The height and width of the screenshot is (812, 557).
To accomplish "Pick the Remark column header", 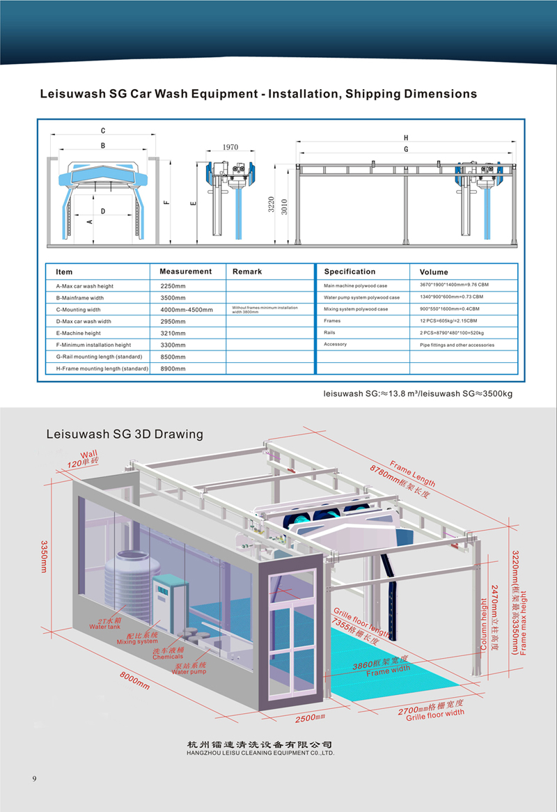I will coord(247,271).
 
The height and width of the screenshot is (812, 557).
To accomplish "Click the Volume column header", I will coord(434,272).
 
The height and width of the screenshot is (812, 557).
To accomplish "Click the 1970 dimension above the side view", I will coord(230,148).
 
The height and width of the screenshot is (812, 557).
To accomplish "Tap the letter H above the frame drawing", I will coord(406,137).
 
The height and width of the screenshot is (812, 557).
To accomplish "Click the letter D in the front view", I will coord(102,210).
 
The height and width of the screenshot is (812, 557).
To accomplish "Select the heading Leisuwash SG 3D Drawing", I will coord(124,434).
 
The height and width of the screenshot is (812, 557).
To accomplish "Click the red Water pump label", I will coord(189,672).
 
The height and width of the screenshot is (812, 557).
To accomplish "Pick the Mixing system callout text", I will coord(137,641).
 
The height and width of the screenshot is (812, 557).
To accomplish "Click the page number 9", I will coord(33,778).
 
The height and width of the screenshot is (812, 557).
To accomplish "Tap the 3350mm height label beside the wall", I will coord(43,556).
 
